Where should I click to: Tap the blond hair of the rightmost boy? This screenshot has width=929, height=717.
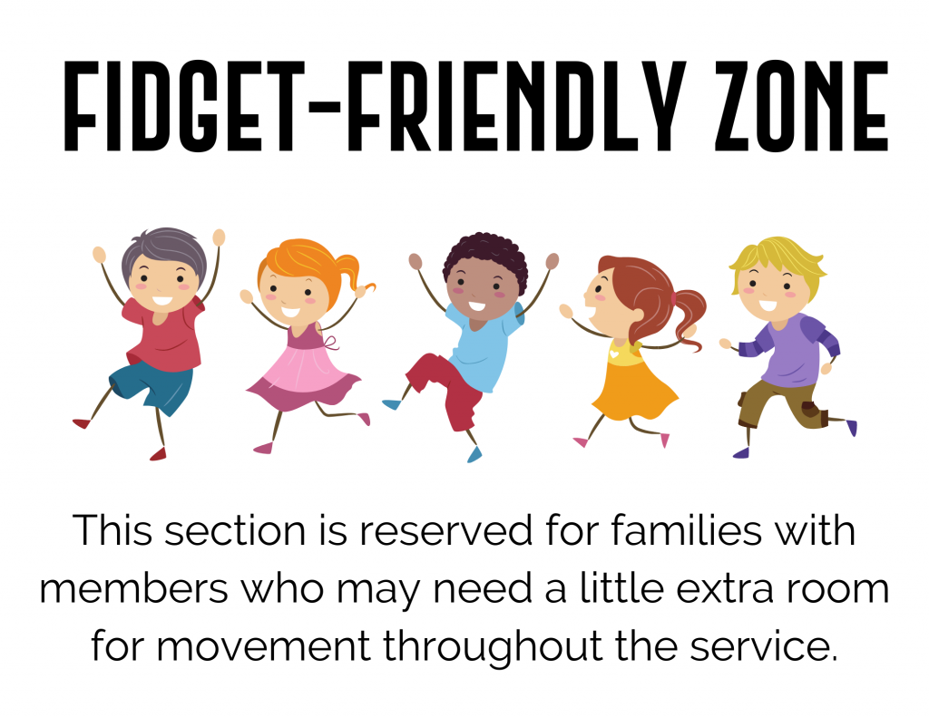tap(776, 256)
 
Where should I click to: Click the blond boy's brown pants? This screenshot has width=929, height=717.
tap(776, 403)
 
